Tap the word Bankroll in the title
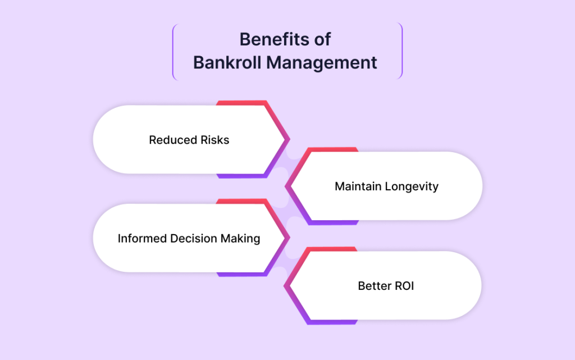227,62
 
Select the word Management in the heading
322,63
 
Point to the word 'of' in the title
322,39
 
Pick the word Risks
215,140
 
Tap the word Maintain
358,186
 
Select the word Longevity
412,186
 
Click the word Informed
142,238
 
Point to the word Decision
194,238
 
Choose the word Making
240,239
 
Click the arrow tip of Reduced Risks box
290,139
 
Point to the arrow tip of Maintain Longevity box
285,186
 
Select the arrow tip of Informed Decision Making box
290,238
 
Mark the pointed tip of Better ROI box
284,286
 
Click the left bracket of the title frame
174,51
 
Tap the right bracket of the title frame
401,51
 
